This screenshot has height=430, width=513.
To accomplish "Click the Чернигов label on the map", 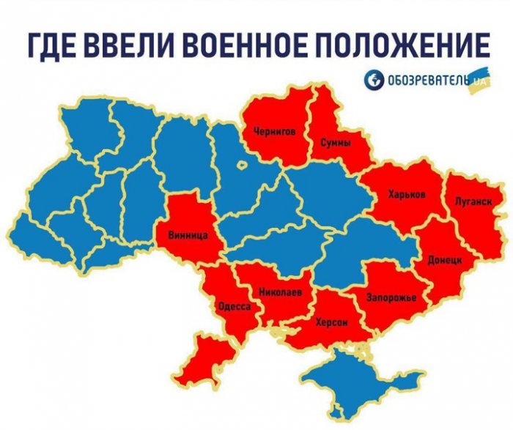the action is (x=274, y=132).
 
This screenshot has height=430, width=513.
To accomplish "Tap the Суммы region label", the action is (x=336, y=141).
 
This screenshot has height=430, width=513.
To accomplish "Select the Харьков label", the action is (x=407, y=196).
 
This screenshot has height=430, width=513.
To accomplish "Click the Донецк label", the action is (x=444, y=260).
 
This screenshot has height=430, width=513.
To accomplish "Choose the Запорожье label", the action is (x=391, y=297).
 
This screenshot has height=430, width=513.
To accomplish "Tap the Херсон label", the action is (x=329, y=322).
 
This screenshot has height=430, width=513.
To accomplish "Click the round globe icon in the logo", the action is (x=374, y=80).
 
